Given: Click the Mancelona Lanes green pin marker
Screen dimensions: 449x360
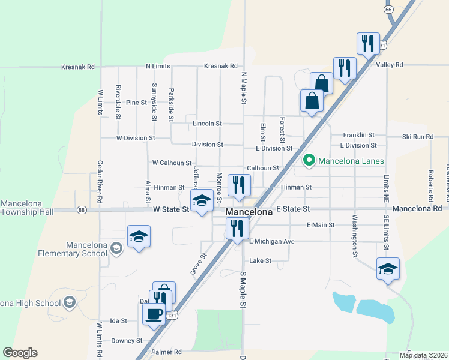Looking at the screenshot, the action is tap(309, 160).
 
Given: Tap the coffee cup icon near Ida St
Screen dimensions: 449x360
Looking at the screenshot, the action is tap(154, 313).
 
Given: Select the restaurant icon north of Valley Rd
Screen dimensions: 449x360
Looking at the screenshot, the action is tap(368, 43).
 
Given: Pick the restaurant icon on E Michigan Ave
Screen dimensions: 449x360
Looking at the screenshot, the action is tap(237, 228).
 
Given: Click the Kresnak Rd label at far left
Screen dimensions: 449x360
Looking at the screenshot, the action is tap(78, 67).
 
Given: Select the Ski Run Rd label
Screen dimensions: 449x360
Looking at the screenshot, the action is tap(418, 137).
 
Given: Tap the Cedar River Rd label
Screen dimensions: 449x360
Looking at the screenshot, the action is tap(100, 182).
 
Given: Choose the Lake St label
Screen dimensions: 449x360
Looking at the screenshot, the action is tap(261, 261).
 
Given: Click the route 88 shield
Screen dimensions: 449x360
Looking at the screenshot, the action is tap(82, 209).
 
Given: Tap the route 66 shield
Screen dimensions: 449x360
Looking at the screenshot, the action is tap(388, 10).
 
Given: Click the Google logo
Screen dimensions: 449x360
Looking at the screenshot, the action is tap(20, 353).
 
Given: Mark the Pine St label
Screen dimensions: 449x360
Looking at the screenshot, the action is tap(136, 103).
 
